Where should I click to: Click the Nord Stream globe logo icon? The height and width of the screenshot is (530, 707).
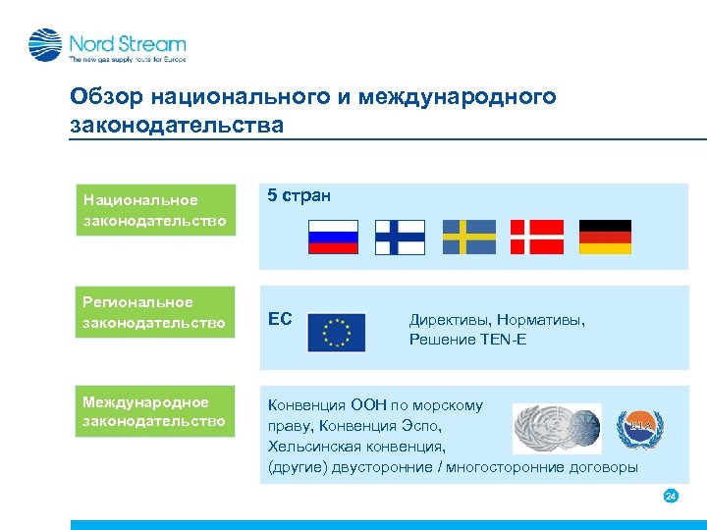(x=45, y=45)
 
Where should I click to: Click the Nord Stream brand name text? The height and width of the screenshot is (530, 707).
(x=127, y=43)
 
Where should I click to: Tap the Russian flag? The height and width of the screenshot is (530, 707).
(x=334, y=238)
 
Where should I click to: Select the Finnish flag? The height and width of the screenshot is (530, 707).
(x=402, y=238)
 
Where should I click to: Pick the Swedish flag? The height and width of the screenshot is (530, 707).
(x=469, y=238)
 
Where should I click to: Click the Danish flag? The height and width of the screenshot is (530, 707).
(x=537, y=238)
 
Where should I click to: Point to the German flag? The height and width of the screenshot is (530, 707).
(x=605, y=238)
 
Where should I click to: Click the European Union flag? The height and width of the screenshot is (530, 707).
(x=336, y=333)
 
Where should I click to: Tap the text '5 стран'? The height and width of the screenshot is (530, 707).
(x=299, y=195)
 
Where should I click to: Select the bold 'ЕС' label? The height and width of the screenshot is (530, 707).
(x=280, y=320)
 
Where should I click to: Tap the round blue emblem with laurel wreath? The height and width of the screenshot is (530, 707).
(x=640, y=428)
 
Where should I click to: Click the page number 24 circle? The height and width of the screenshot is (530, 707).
(x=671, y=497)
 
